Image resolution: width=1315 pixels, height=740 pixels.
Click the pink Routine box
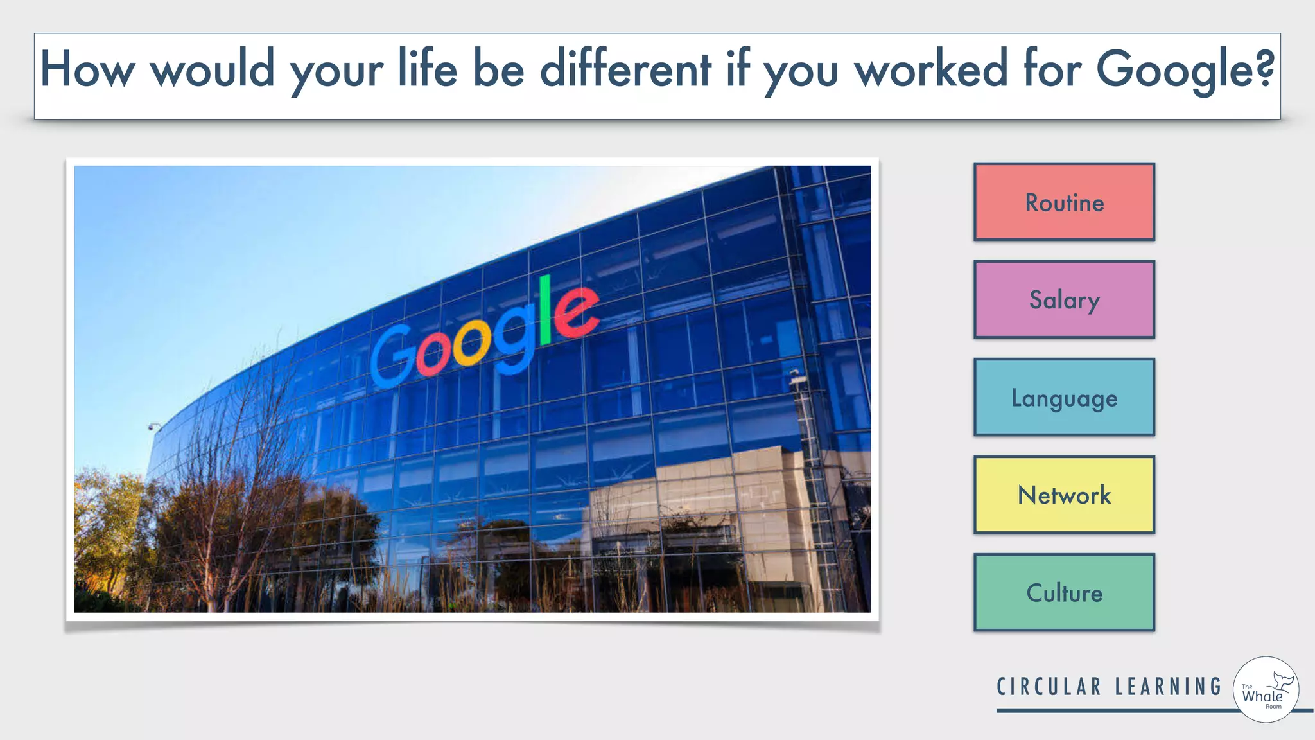coord(1064,202)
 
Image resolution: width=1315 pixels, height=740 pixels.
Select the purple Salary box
coord(1064,300)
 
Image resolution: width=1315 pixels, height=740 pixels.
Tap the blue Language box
coord(1064,398)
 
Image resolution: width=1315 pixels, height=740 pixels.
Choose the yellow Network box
coord(1064,495)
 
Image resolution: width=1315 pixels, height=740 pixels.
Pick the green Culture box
coord(1064,593)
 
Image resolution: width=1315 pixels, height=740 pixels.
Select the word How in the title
coord(87,69)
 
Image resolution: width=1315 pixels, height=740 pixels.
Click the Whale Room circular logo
coord(1266,690)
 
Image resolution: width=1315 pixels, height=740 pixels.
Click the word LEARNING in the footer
coord(1169,687)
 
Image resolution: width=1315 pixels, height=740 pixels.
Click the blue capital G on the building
coord(392,357)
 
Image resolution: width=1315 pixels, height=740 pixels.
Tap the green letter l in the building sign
coord(545,310)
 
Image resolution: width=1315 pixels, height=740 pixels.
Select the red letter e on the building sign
coord(576,312)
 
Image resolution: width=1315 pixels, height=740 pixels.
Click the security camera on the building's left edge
coord(154,427)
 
